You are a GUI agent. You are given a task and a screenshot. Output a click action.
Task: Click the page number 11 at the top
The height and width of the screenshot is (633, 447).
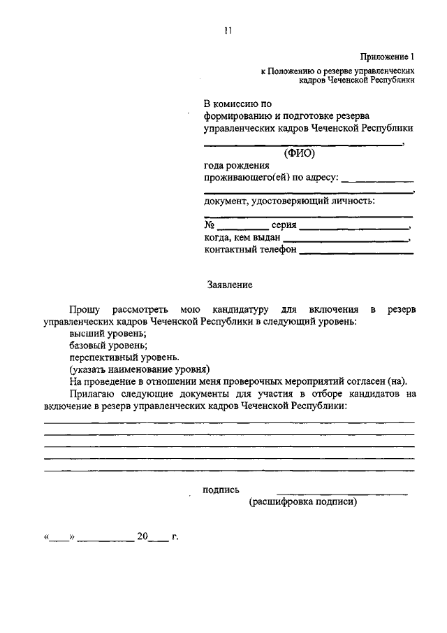228,29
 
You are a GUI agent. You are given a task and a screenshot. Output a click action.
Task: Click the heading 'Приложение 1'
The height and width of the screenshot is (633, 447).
388,57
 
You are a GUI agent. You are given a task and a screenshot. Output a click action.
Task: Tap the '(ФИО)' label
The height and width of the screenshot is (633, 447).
300,153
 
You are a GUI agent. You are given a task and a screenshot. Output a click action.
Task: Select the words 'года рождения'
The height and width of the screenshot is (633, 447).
236,166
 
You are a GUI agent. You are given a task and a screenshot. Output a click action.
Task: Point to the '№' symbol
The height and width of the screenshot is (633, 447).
209,225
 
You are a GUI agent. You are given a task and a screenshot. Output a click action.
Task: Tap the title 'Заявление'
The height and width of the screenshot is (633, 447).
230,285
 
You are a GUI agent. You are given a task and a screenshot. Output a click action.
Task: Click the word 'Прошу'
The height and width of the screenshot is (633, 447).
85,309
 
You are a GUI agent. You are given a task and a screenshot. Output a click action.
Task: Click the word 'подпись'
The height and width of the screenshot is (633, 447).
221,490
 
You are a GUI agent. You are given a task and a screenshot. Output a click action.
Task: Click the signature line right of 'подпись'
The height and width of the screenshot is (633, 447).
342,494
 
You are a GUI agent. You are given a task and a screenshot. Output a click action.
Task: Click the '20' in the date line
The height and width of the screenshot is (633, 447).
143,537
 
